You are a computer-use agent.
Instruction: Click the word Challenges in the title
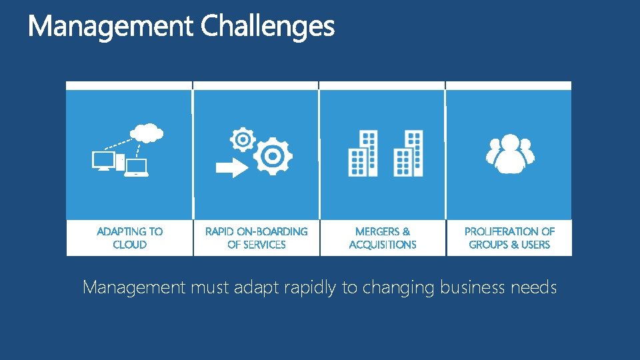tap(267, 27)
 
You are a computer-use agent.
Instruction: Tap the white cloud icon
tap(148, 133)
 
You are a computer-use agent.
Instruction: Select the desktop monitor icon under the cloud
tap(104, 160)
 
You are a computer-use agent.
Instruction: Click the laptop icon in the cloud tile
tap(137, 167)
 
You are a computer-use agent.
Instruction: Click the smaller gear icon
tap(243, 139)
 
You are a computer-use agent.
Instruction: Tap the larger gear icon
tap(273, 156)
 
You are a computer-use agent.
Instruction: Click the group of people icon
tap(510, 154)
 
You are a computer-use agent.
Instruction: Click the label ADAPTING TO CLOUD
tap(129, 238)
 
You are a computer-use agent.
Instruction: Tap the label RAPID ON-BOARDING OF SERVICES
tap(256, 238)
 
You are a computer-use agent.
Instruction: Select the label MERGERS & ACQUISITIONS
tap(383, 238)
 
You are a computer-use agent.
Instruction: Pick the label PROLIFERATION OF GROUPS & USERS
tap(509, 238)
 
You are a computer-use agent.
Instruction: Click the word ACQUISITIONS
tap(383, 245)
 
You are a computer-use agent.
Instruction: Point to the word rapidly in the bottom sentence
tap(311, 288)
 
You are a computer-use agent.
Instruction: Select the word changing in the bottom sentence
tap(398, 288)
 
